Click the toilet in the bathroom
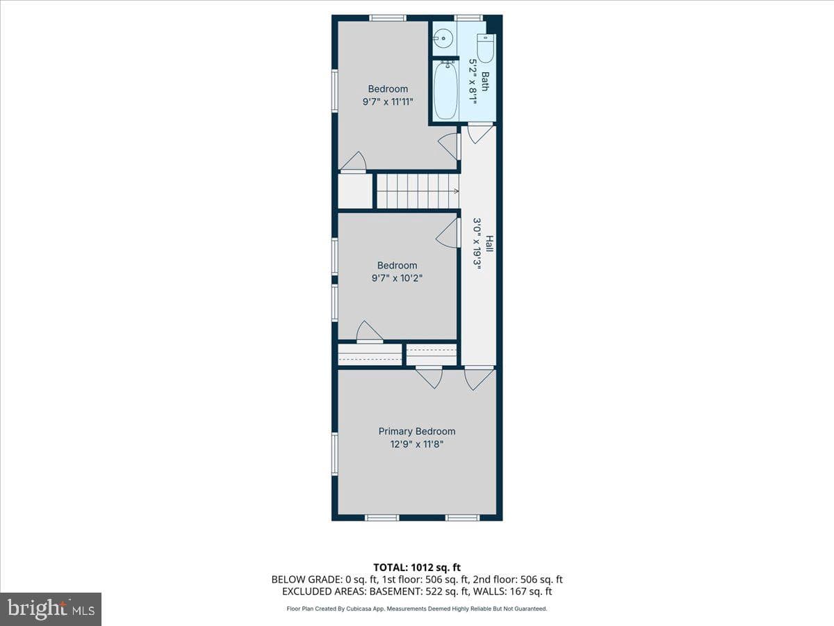pyautogui.click(x=486, y=48)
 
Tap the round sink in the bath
pyautogui.click(x=443, y=38)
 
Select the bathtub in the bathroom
pyautogui.click(x=445, y=90)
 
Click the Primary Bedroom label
pyautogui.click(x=417, y=431)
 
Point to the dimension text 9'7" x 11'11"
pyautogui.click(x=388, y=102)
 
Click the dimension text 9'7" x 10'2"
pyautogui.click(x=397, y=278)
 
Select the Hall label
pyautogui.click(x=490, y=243)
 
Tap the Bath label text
pyautogui.click(x=485, y=81)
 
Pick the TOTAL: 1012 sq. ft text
pyautogui.click(x=417, y=568)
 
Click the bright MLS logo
pyautogui.click(x=51, y=609)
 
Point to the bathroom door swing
pyautogui.click(x=480, y=134)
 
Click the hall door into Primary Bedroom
pyautogui.click(x=479, y=378)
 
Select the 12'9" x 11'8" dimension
pyautogui.click(x=417, y=444)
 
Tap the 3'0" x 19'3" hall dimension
pyautogui.click(x=477, y=243)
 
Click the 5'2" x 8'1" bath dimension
pyautogui.click(x=473, y=81)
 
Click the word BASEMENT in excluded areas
pyautogui.click(x=395, y=591)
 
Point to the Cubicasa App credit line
pyautogui.click(x=417, y=609)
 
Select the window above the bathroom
pyautogui.click(x=468, y=18)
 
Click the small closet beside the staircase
pyautogui.click(x=355, y=191)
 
